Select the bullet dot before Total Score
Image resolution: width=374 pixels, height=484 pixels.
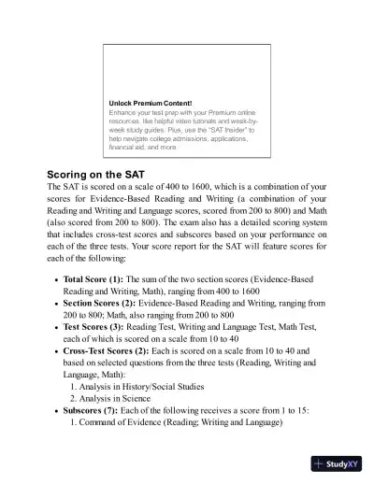pyautogui.click(x=56, y=280)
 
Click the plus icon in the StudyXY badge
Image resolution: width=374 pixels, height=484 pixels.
pyautogui.click(x=321, y=463)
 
